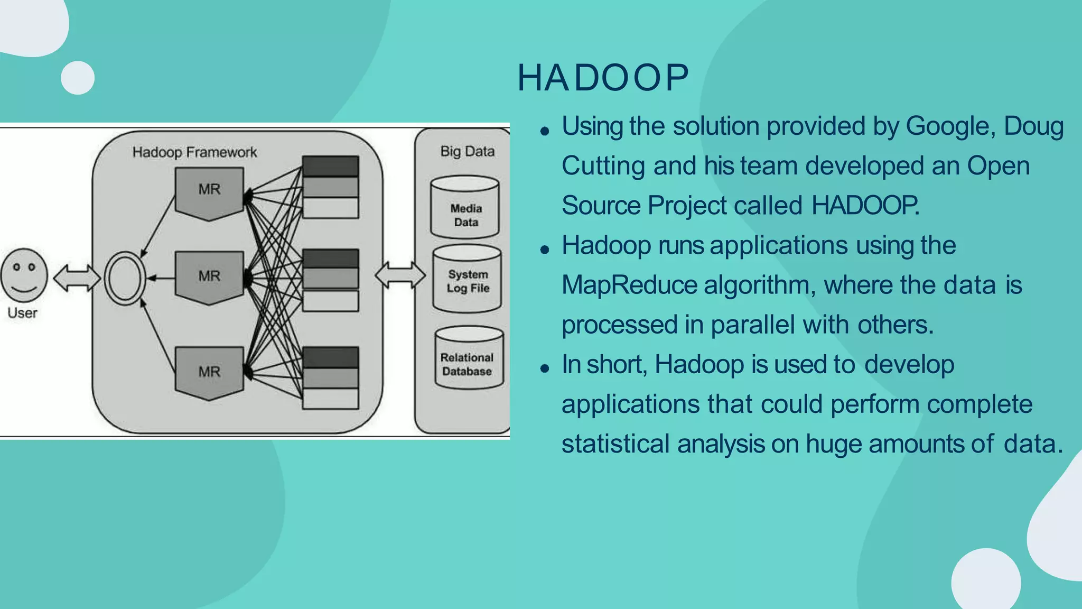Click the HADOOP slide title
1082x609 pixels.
coord(603,78)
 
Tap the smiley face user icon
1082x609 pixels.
coord(24,275)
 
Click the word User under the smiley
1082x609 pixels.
coord(23,313)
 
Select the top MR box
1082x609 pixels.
coord(209,191)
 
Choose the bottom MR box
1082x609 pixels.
coord(209,372)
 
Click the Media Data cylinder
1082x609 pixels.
coord(465,208)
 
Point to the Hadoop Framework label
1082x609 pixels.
coord(194,152)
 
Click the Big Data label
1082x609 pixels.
coord(468,152)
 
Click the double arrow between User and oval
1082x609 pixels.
coord(77,278)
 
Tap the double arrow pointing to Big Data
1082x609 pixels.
coord(400,275)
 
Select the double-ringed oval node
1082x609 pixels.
coord(125,278)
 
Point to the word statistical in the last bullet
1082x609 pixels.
coord(616,444)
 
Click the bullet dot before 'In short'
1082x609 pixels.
coord(545,368)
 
